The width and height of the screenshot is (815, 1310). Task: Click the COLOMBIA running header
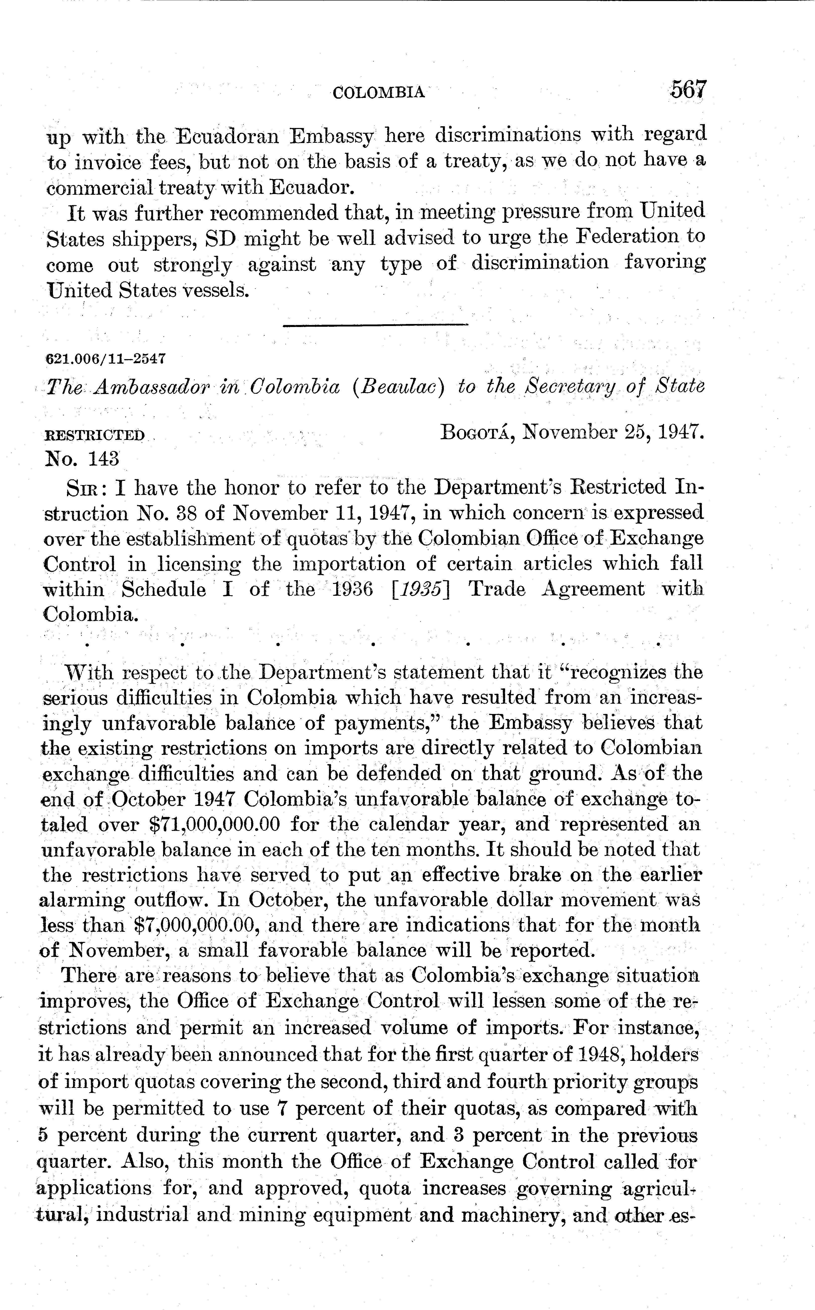[x=378, y=93]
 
